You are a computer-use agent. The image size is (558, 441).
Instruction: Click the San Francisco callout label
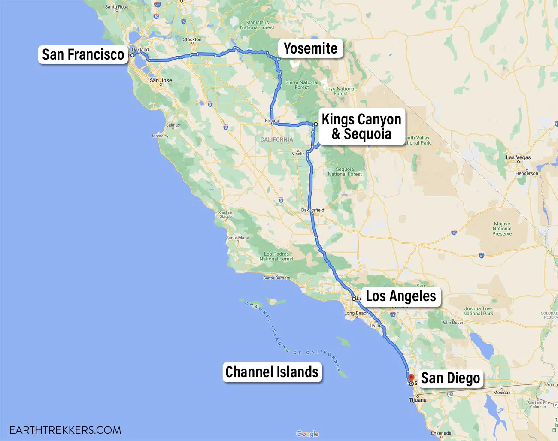(83, 55)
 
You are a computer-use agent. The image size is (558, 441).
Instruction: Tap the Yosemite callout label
(310, 48)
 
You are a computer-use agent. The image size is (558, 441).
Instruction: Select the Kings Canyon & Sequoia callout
(361, 127)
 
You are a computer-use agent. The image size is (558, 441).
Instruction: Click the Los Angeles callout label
(400, 296)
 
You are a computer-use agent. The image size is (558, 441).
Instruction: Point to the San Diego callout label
(450, 378)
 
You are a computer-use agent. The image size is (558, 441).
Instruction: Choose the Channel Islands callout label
(272, 372)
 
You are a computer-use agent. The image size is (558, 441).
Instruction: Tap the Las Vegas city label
(518, 157)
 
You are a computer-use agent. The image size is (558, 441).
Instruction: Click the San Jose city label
(161, 80)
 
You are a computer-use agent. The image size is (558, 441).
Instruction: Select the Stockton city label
(192, 39)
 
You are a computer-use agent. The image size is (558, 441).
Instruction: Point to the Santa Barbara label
(276, 278)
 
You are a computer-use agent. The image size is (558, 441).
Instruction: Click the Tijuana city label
(418, 400)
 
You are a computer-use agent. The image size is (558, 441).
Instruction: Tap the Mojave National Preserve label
(502, 229)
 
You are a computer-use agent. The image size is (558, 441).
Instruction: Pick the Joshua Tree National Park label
(478, 311)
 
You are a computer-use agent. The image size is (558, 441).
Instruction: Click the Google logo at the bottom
(307, 434)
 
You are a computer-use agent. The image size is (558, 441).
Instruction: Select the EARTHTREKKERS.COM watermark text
(65, 430)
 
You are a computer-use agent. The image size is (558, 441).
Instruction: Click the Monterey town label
(160, 136)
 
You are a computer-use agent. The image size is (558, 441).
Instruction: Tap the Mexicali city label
(502, 393)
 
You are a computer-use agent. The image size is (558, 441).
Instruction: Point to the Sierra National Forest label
(302, 85)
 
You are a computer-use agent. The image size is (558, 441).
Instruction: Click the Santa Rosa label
(117, 7)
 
